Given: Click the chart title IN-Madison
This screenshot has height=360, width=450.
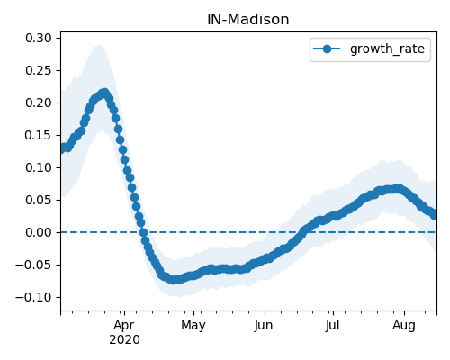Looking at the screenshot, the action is (248, 20).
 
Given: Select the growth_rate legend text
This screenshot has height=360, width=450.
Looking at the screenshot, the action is (387, 49).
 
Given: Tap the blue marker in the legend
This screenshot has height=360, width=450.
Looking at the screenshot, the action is (327, 49).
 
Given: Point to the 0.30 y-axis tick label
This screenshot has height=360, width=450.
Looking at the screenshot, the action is (39, 38).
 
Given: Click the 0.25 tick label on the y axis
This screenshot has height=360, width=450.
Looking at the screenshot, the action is (39, 70).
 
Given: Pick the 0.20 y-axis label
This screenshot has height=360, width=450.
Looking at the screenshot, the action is (39, 103).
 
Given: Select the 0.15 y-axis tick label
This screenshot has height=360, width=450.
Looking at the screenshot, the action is (39, 135).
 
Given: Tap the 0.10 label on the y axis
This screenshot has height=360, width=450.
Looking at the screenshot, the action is (39, 167).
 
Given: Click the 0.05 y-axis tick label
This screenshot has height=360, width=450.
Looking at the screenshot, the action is (39, 200).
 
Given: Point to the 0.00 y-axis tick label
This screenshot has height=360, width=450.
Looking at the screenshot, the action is (39, 232).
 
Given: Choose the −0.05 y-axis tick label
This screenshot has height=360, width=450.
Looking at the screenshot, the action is (33, 265).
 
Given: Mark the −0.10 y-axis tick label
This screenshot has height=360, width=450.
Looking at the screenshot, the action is (33, 297).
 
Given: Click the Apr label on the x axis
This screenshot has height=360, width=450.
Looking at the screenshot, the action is (124, 326).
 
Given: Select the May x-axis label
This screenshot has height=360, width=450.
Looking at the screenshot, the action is (193, 326).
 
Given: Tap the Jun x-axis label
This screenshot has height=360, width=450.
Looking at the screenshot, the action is (264, 326).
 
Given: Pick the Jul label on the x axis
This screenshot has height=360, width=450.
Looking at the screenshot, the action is (333, 325).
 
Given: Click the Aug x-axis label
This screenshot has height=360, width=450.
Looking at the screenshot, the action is (404, 326).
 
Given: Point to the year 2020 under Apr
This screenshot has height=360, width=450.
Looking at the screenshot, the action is (124, 340).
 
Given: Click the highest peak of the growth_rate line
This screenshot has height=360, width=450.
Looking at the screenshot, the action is (104, 92).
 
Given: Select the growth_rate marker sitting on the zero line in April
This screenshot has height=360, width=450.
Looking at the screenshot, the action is (143, 232).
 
